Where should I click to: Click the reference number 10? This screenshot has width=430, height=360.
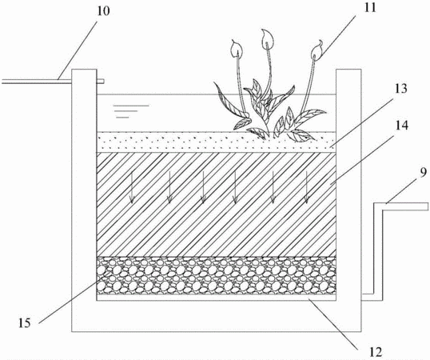[x=103, y=11]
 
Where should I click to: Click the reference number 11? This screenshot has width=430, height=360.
[x=370, y=8]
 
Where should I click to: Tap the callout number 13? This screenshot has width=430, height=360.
[x=401, y=89]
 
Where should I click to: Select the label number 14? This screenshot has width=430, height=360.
[x=401, y=125]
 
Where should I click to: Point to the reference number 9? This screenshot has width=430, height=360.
[x=424, y=172]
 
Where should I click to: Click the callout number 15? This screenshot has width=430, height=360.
[x=25, y=323]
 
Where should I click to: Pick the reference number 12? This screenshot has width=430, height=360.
[x=376, y=352]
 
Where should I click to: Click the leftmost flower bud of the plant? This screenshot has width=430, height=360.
[x=237, y=49]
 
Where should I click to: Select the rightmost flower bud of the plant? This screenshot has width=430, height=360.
[x=317, y=51]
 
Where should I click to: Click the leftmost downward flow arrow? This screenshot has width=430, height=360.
[x=132, y=187]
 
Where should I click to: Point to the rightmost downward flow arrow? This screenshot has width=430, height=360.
[x=307, y=187]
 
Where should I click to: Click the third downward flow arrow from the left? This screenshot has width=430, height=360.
[x=203, y=187]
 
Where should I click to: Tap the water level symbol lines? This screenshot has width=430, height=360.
[x=131, y=111]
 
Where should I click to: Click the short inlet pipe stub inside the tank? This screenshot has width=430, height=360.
[x=101, y=81]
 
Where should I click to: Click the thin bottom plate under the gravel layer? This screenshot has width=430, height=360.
[x=217, y=298]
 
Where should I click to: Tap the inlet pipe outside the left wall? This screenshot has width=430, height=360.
[x=37, y=82]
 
